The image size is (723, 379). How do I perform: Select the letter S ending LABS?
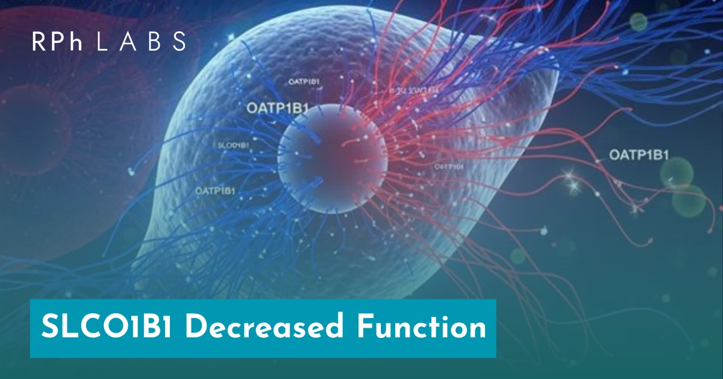pyautogui.click(x=178, y=41)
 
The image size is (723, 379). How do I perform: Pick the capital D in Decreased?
pyautogui.click(x=196, y=328)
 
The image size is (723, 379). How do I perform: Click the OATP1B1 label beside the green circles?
pyautogui.click(x=639, y=155)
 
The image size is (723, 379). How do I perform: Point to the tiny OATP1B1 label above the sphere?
pyautogui.click(x=300, y=81)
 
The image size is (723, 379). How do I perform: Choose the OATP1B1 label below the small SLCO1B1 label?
pyautogui.click(x=215, y=191)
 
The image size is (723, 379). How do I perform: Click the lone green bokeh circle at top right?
pyautogui.click(x=638, y=22)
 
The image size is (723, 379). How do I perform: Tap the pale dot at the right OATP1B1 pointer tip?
pyautogui.click(x=597, y=161)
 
